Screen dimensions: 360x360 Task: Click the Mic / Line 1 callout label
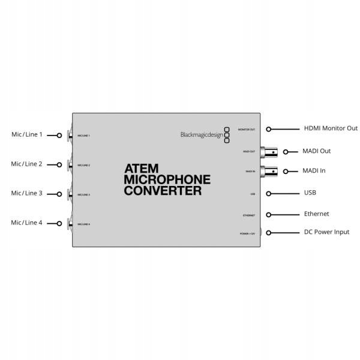[x=27, y=134]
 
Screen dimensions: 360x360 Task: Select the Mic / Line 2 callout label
[x=27, y=164]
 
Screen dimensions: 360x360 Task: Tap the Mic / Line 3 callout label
[x=27, y=193]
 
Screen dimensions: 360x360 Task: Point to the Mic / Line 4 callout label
[x=27, y=223]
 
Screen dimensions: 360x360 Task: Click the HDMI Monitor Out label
[x=331, y=128]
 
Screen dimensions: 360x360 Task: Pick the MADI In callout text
[x=314, y=171]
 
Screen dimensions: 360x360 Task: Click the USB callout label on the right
[x=310, y=193]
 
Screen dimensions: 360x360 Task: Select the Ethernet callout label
[x=316, y=214]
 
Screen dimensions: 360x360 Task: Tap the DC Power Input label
[x=326, y=232]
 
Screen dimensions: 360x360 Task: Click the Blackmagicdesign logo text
[x=202, y=135]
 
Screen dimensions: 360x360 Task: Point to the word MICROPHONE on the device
[x=167, y=180]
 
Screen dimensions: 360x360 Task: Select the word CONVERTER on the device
[x=162, y=191]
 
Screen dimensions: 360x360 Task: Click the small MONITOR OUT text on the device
[x=247, y=130]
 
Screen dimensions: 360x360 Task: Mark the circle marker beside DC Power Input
[x=269, y=232]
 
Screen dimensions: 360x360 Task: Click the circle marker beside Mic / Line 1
[x=59, y=135]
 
